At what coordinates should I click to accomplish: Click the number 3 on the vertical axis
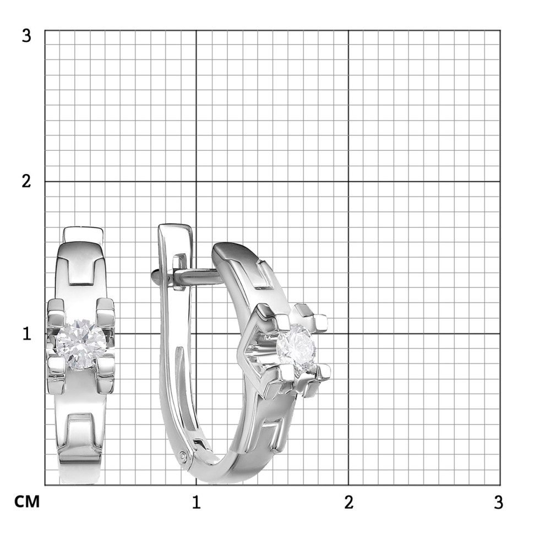26,35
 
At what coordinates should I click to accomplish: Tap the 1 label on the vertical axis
27,334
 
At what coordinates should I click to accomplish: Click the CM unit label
27,502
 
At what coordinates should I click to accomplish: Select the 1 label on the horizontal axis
196,502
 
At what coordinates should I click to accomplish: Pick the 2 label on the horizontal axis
348,502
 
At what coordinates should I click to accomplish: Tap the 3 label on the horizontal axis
498,502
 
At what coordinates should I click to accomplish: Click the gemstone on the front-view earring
81,344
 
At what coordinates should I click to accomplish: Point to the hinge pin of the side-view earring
183,455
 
